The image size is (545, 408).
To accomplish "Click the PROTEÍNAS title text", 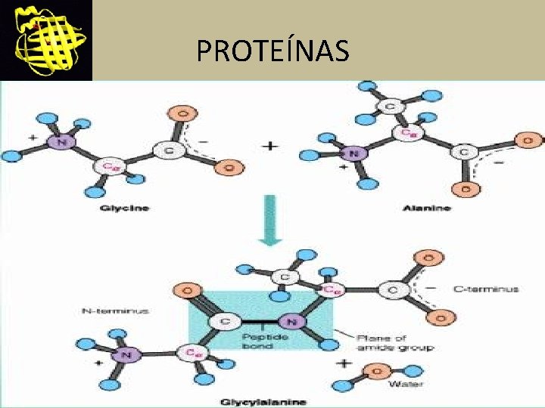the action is tap(272, 51).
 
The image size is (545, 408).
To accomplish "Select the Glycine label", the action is tap(125, 208).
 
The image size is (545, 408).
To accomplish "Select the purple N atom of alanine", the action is tap(354, 153).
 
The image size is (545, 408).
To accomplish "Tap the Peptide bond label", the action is tap(265, 341).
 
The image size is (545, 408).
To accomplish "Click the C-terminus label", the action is tap(485, 289).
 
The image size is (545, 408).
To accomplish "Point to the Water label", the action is tap(400, 384).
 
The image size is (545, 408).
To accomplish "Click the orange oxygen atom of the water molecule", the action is tap(378, 370).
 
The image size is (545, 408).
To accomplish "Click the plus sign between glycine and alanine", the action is tap(269, 146).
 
